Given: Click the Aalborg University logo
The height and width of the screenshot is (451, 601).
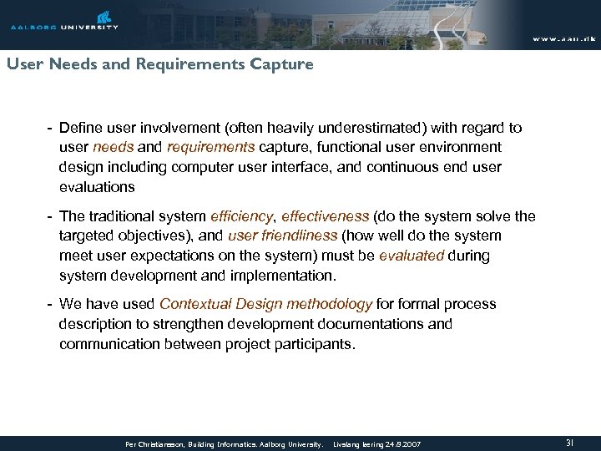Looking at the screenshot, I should click(x=64, y=21).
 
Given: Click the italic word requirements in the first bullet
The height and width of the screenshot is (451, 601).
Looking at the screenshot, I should click(x=211, y=147).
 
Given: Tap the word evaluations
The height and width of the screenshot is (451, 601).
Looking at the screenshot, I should click(x=96, y=187).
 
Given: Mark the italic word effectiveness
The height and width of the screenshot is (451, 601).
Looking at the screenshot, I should click(x=320, y=216).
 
